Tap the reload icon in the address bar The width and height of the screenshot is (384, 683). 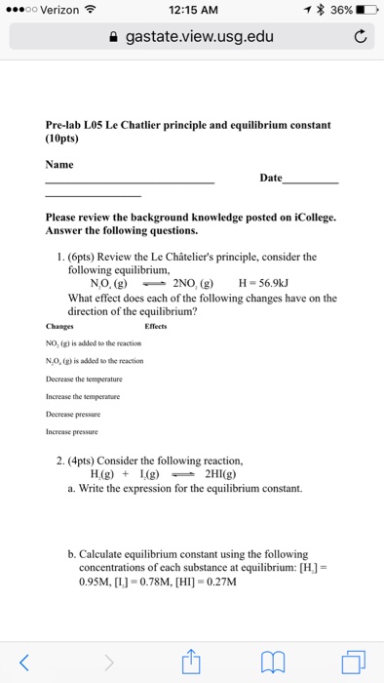[360, 37]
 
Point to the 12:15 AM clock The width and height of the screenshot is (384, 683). [192, 10]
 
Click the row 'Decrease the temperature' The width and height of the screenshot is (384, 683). [89, 378]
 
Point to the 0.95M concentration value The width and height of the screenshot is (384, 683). [92, 583]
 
